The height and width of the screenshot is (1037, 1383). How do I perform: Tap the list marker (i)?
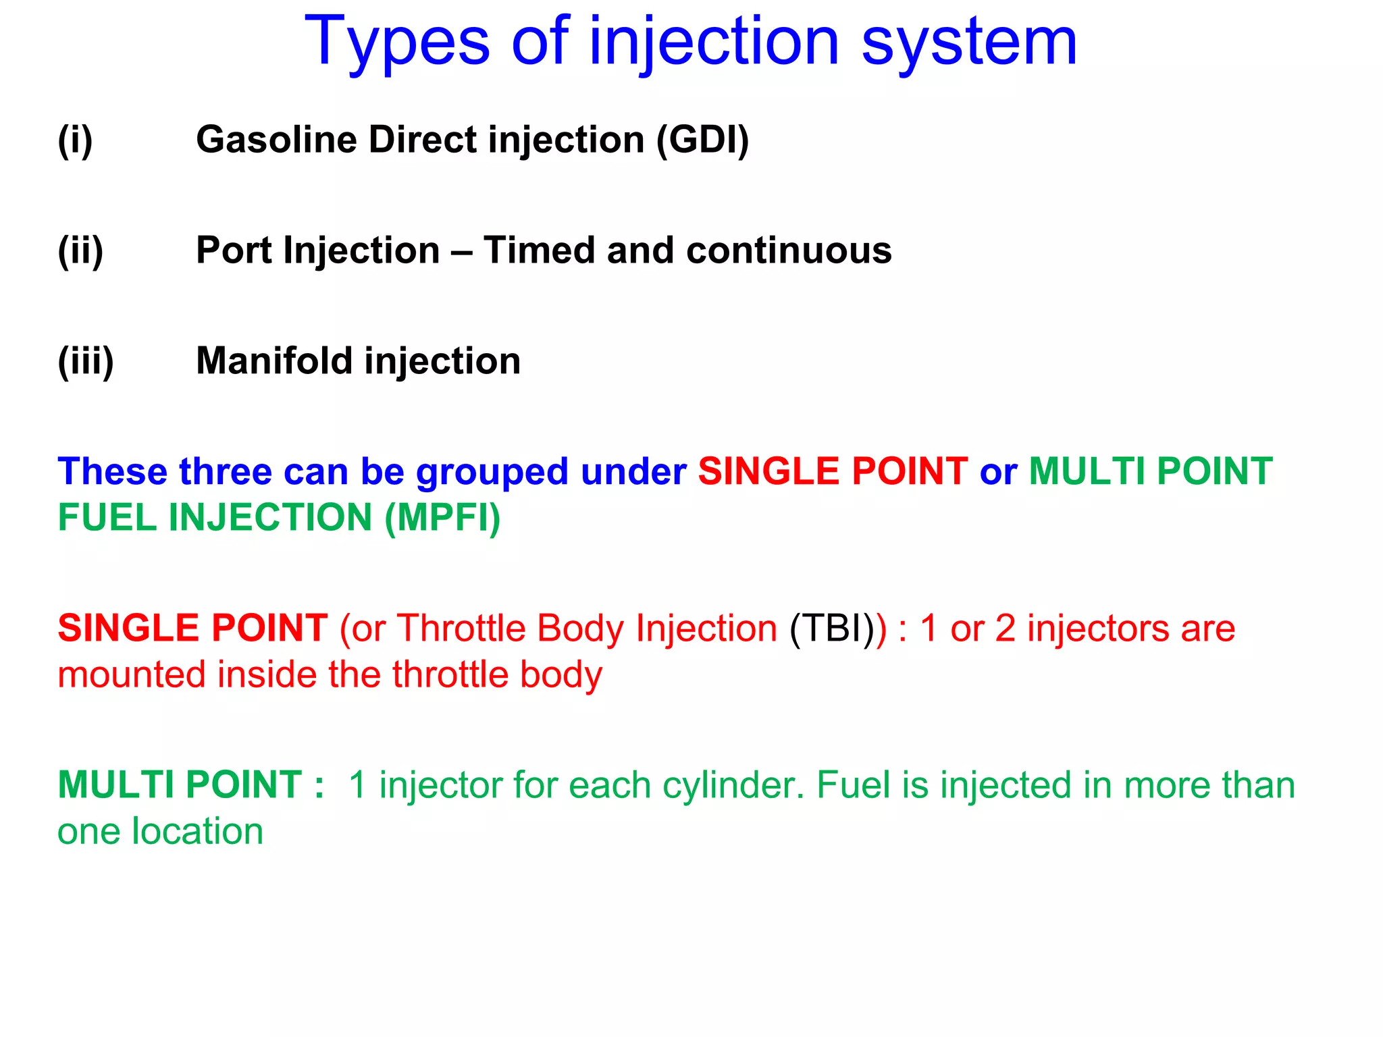(x=75, y=140)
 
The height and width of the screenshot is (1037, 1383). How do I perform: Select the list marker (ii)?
(x=80, y=250)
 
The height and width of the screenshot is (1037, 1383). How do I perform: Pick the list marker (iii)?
(x=86, y=361)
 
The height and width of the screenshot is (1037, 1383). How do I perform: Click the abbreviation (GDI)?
(x=702, y=140)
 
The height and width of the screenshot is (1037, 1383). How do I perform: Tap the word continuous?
(x=789, y=250)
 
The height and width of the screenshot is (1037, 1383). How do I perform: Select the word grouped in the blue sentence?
(x=492, y=472)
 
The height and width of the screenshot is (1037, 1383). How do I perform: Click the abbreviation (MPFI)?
(x=442, y=518)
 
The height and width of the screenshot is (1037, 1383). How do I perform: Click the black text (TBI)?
(x=832, y=629)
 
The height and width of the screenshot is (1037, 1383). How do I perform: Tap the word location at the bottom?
(x=197, y=831)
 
